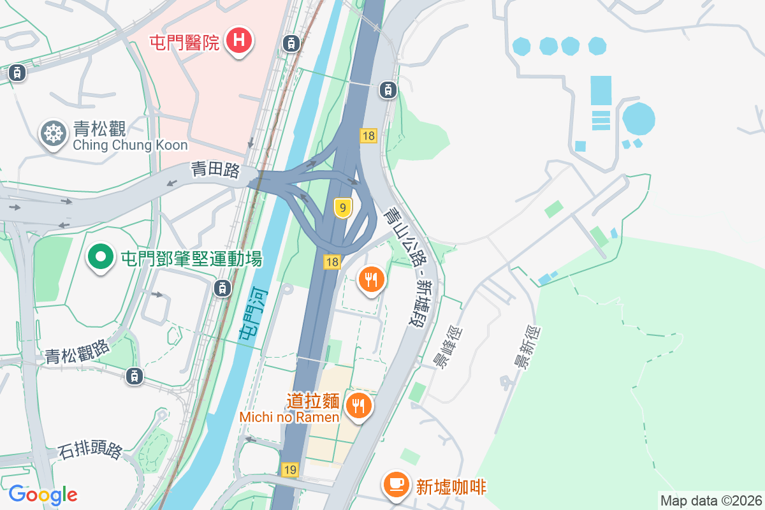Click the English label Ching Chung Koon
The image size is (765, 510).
point(130,145)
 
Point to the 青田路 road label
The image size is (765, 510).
point(215,170)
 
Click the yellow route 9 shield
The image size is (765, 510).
point(343,208)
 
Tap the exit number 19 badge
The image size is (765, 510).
point(290,470)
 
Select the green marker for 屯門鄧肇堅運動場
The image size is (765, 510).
point(99,258)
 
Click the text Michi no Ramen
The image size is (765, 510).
point(289,417)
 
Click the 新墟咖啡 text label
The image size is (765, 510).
point(451,487)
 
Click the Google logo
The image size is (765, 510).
point(43,494)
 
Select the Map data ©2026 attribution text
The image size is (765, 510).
point(710,500)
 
